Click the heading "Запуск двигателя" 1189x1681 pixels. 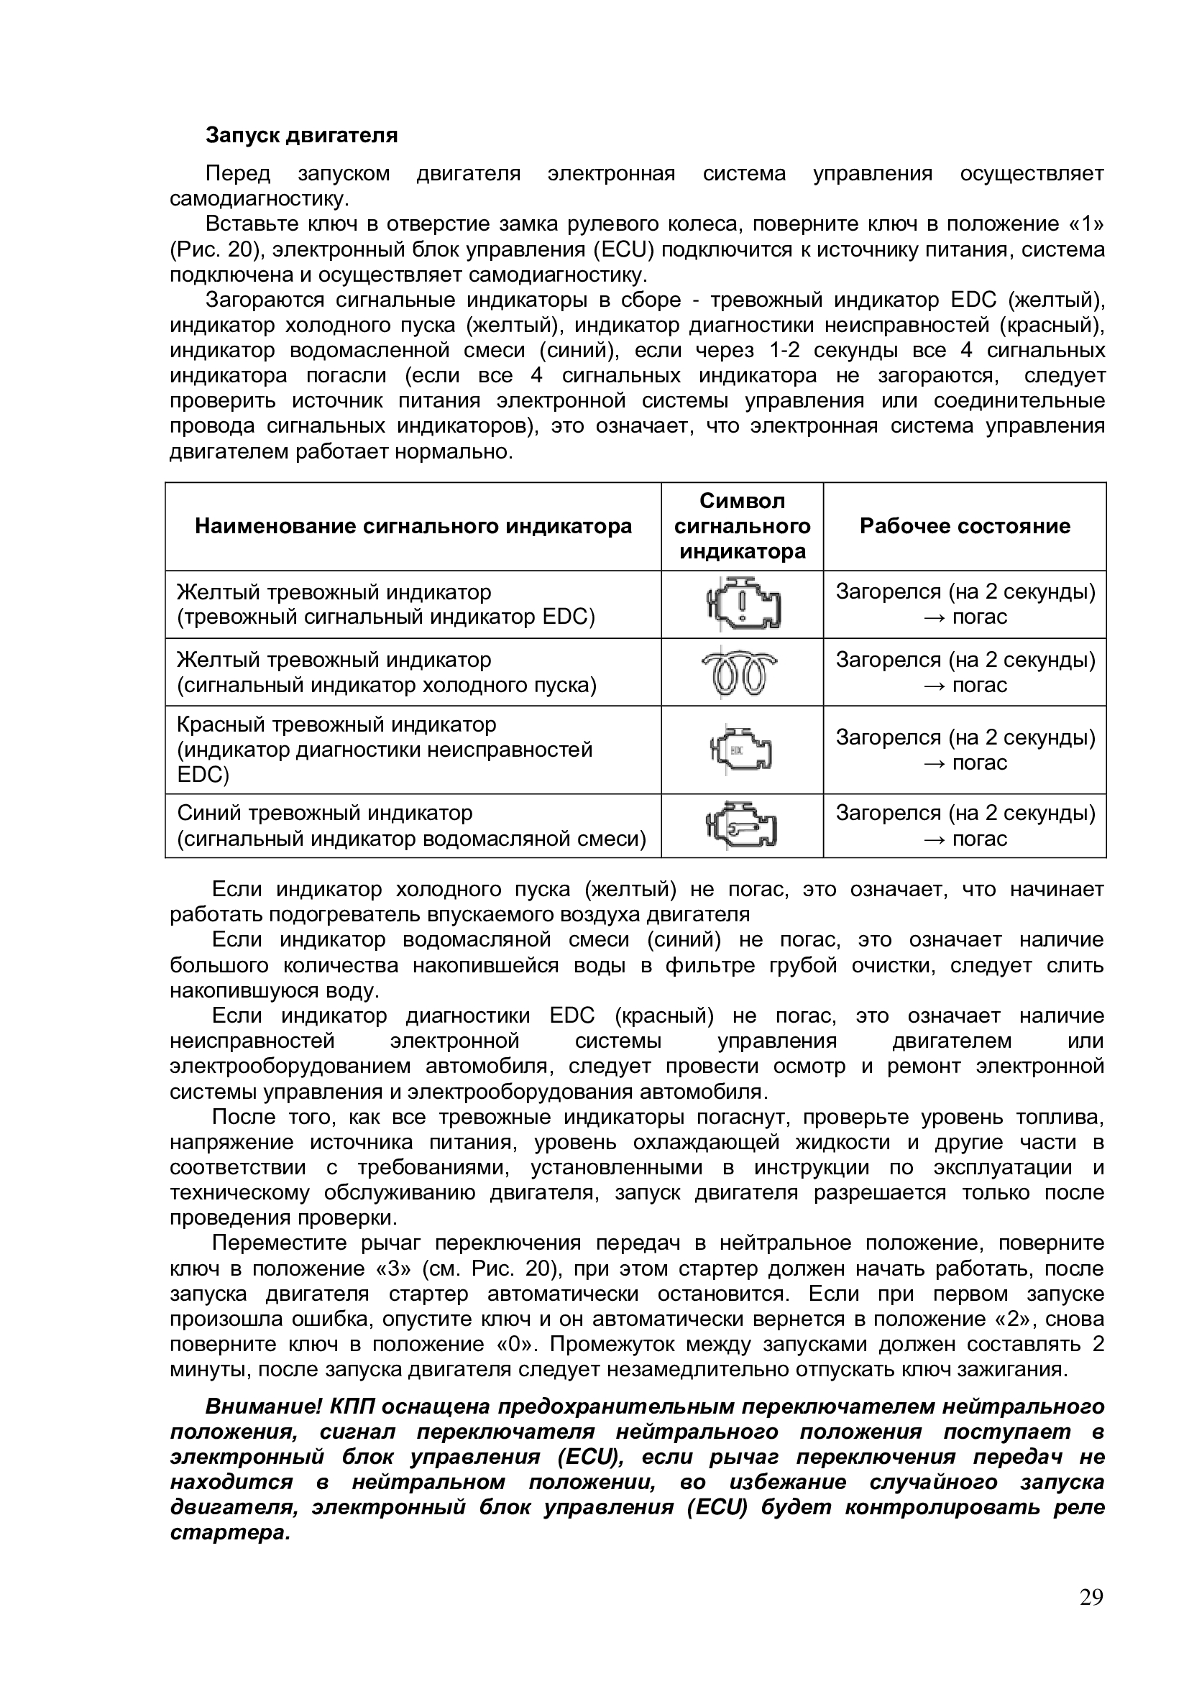tap(302, 135)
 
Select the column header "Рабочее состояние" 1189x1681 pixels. tap(964, 525)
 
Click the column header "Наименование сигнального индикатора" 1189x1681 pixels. tap(413, 525)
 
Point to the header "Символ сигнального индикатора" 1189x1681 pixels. tap(742, 525)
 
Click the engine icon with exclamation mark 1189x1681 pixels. tap(743, 604)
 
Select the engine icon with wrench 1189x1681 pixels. tap(742, 825)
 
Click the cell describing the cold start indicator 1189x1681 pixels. tap(387, 672)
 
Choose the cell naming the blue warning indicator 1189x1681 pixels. tap(411, 825)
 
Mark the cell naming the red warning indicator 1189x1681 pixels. tap(385, 750)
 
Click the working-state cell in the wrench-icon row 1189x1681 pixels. tap(965, 825)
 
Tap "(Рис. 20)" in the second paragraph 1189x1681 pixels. tap(216, 249)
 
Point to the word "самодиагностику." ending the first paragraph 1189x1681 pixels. tap(260, 199)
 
